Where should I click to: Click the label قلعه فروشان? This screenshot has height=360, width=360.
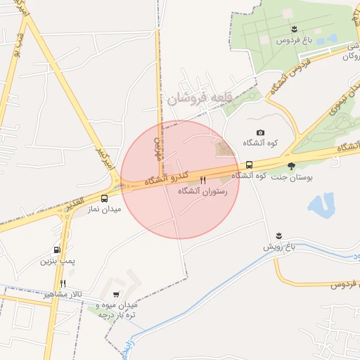[198, 99]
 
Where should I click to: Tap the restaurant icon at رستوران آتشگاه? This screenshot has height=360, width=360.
[203, 180]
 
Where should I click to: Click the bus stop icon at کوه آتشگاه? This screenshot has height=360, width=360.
[250, 165]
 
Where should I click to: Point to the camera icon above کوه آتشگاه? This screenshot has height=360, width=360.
[261, 132]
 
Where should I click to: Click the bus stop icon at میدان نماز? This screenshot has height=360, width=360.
[105, 198]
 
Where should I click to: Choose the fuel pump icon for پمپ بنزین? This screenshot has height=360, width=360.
[56, 250]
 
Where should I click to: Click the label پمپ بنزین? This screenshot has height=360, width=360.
[56, 262]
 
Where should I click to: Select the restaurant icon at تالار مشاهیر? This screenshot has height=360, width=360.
[63, 283]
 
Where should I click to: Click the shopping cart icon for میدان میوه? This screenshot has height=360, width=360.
[116, 295]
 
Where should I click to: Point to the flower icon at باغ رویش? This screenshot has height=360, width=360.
[279, 235]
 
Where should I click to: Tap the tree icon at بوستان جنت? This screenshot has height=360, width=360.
[292, 166]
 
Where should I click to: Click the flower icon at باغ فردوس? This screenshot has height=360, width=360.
[294, 29]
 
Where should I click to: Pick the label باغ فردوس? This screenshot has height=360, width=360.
[294, 40]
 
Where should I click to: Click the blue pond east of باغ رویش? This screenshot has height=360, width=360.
[320, 205]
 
